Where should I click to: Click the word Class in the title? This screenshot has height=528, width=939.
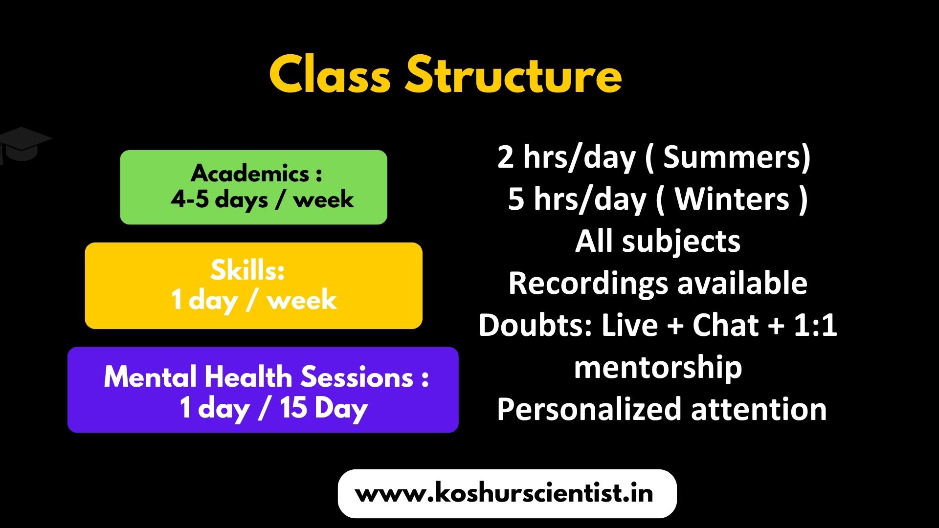click(x=330, y=74)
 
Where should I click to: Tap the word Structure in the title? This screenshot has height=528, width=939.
click(x=514, y=74)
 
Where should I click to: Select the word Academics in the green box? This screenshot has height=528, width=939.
click(x=250, y=173)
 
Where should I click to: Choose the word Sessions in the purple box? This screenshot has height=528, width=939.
click(x=358, y=377)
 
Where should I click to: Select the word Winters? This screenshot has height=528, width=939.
click(x=732, y=199)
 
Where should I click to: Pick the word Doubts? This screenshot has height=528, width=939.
click(x=536, y=325)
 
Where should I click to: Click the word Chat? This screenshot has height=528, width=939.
click(x=725, y=325)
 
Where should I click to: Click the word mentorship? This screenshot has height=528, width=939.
click(x=658, y=368)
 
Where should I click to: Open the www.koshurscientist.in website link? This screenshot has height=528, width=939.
click(x=504, y=493)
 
